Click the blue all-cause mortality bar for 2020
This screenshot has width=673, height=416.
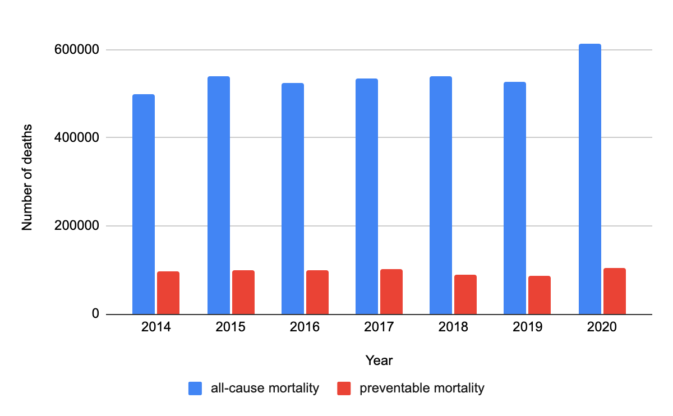589,179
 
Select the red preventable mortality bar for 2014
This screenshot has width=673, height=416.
168,293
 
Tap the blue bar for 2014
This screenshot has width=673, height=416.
144,204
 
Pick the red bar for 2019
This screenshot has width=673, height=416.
539,295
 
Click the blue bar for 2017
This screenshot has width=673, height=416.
366,196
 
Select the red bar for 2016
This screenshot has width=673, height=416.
317,292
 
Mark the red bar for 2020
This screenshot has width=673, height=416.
614,291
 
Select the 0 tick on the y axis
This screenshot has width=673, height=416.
95,315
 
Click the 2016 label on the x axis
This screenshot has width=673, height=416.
305,327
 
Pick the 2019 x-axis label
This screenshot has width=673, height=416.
527,327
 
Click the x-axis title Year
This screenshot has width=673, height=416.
379,360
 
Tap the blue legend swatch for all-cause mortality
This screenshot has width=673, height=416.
196,388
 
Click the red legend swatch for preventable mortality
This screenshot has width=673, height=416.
344,388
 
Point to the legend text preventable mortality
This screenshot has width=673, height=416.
422,388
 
